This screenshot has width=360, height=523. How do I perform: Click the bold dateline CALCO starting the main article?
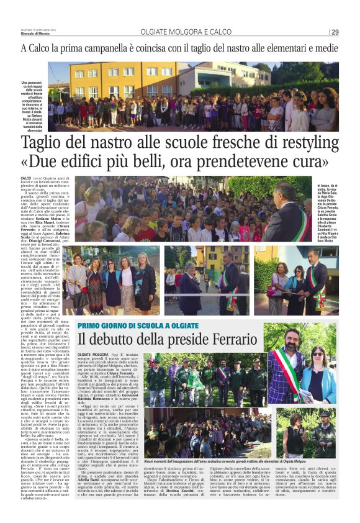[28, 178]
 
